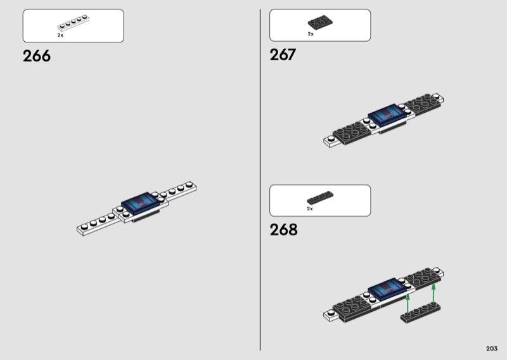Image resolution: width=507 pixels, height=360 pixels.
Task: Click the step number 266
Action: click(x=37, y=56)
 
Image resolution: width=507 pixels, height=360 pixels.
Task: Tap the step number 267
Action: click(x=283, y=55)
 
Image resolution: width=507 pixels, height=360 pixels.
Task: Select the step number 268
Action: click(x=283, y=229)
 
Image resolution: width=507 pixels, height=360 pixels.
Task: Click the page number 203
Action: click(x=492, y=349)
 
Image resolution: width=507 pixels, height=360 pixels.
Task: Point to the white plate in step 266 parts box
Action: click(x=73, y=23)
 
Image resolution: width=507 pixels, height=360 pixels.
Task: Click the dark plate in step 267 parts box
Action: click(x=320, y=22)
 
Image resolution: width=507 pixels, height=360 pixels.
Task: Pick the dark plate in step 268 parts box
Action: click(x=320, y=198)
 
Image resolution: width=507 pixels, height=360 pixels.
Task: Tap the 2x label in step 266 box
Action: click(x=60, y=35)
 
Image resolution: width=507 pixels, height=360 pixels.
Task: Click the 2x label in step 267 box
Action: click(x=311, y=34)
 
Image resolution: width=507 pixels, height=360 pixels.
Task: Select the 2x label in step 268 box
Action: click(x=310, y=209)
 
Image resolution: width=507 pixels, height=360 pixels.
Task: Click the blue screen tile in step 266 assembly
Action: click(x=141, y=203)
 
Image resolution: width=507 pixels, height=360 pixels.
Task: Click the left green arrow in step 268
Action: click(x=408, y=304)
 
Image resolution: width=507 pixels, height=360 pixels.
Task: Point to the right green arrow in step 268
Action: click(x=433, y=294)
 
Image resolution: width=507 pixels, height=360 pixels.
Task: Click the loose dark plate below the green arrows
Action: click(x=420, y=312)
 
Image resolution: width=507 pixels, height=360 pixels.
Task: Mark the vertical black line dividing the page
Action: click(x=260, y=180)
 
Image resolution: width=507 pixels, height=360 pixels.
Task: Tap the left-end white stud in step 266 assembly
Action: click(x=84, y=227)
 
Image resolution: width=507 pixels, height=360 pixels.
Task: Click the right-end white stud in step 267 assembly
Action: click(x=436, y=96)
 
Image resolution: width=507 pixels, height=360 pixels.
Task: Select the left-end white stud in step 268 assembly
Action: click(x=330, y=312)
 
